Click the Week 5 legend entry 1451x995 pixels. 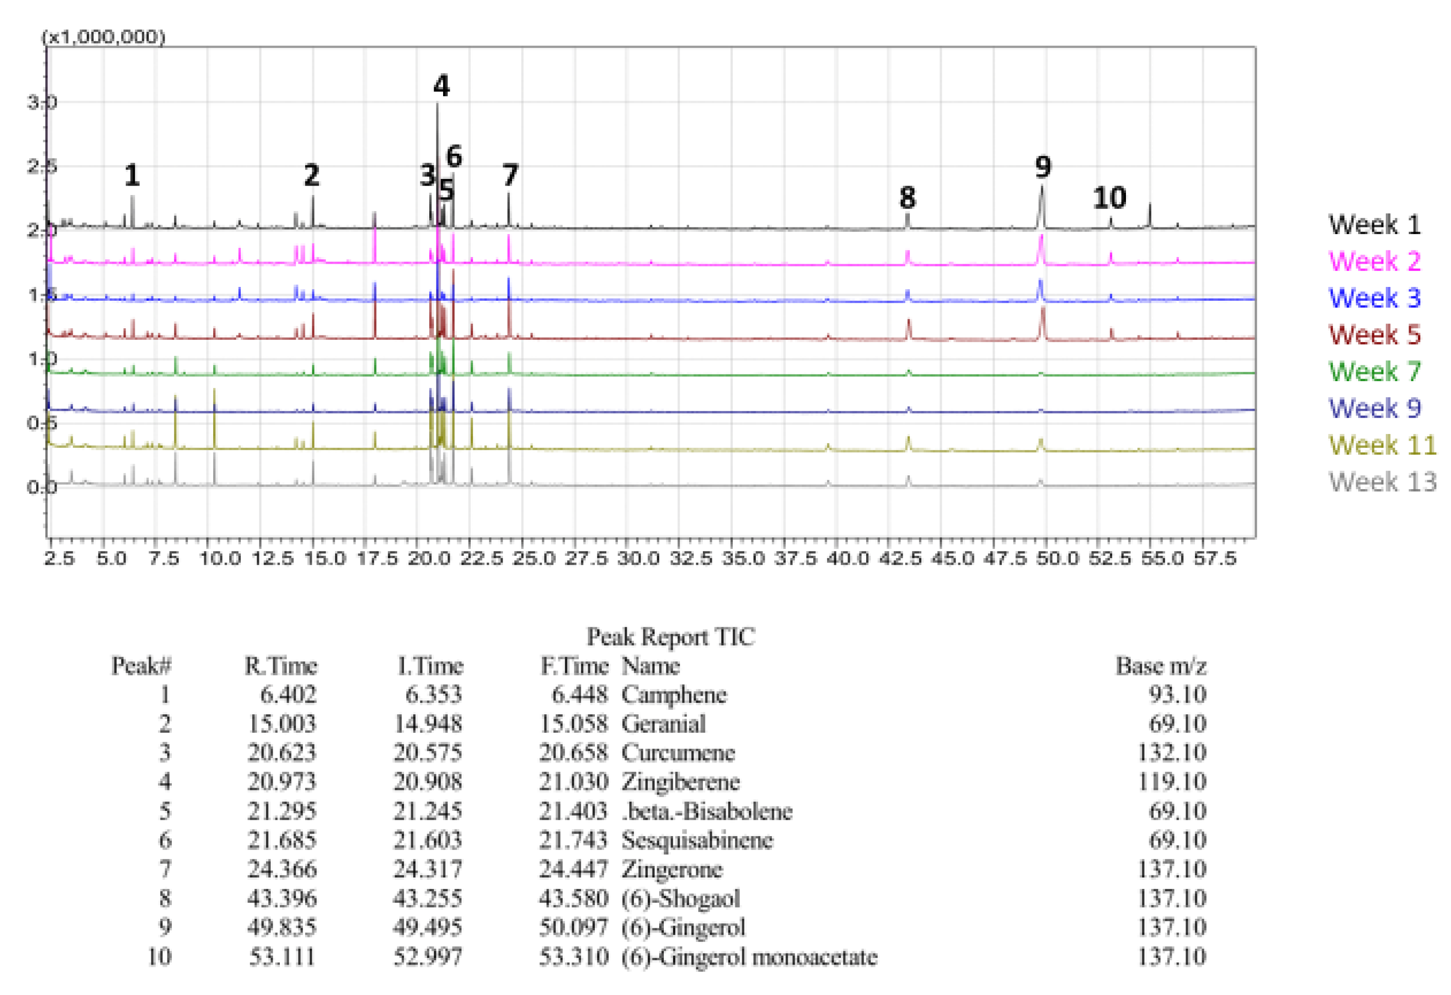(1374, 335)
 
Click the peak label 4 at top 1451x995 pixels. (442, 86)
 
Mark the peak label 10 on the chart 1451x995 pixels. (1109, 198)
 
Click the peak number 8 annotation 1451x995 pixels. (907, 198)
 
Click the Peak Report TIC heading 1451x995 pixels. (671, 637)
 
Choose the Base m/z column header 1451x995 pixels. (1161, 666)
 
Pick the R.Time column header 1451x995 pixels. (280, 666)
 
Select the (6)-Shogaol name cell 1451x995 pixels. (681, 898)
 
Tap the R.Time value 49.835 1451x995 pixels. (282, 927)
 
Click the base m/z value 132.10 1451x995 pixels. (1171, 753)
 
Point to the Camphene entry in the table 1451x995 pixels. (674, 695)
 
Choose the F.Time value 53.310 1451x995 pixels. (573, 956)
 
